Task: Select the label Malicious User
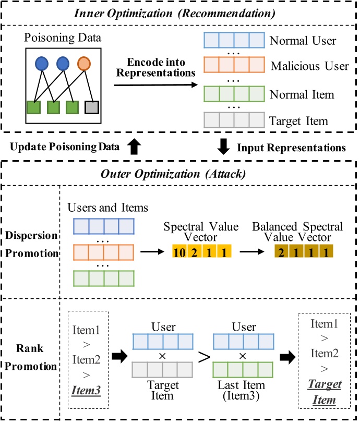[x=309, y=66]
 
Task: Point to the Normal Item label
[x=301, y=94]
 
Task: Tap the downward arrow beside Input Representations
[x=223, y=147]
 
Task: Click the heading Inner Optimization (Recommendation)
[x=179, y=11]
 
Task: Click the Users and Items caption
[x=108, y=208]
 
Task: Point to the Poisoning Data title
[x=64, y=39]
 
